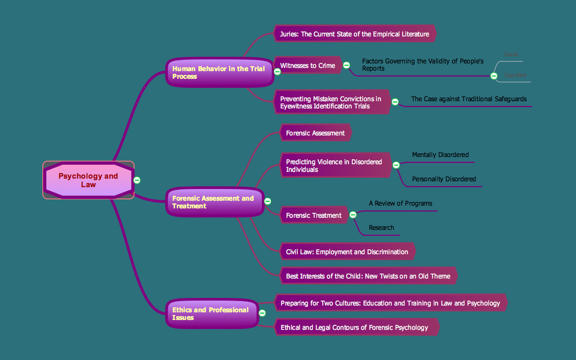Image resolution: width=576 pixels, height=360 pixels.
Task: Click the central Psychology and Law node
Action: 88,180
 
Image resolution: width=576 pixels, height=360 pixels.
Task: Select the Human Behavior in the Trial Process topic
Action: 220,72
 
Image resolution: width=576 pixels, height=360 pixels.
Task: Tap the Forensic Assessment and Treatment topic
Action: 214,202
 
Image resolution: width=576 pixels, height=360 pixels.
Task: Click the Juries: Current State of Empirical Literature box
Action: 355,34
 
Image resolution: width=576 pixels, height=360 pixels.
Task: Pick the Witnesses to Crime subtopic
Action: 307,66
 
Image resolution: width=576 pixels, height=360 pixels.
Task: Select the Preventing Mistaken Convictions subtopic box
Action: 331,102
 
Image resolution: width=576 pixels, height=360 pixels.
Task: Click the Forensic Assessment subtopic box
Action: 315,133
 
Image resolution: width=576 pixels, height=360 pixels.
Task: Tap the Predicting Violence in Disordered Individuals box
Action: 334,166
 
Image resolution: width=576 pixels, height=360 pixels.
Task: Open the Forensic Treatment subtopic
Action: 314,216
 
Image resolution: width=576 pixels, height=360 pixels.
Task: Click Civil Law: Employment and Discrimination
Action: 347,252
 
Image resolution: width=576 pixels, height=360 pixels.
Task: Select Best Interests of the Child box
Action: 368,276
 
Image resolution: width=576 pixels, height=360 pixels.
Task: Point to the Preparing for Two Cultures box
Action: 390,303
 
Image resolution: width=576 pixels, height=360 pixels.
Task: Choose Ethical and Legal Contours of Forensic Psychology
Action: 354,328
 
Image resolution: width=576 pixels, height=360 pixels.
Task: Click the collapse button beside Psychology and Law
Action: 137,180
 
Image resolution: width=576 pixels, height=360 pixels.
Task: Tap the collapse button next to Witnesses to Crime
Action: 346,65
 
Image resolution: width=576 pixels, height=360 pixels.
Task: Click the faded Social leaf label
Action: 511,54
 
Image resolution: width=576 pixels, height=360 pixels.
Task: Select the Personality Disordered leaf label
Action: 444,179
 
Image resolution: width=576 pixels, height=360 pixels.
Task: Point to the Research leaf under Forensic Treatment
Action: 382,228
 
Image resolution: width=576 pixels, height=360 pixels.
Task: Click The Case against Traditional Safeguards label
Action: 468,99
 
